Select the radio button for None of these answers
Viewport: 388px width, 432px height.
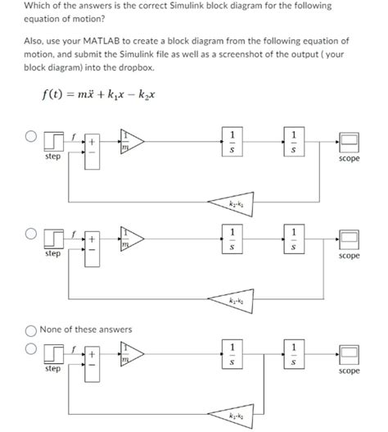tap(29, 330)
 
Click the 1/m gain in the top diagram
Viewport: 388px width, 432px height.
tap(130, 140)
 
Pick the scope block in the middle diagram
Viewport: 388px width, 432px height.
tap(349, 239)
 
